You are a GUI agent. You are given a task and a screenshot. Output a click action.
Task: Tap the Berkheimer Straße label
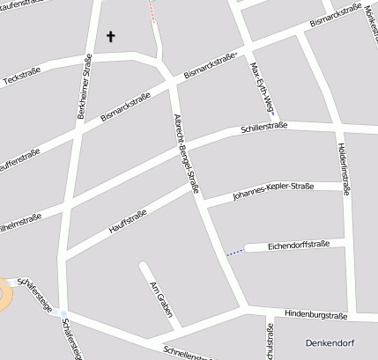pos(85,86)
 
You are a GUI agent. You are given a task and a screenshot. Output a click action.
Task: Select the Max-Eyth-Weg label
pos(261,89)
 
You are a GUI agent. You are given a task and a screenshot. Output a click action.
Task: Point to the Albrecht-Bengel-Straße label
pos(187,152)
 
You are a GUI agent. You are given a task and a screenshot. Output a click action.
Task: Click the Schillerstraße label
pos(263,129)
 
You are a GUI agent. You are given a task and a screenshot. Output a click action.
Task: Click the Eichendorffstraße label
pos(298,244)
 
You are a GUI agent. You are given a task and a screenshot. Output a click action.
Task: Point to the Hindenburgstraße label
pos(316,314)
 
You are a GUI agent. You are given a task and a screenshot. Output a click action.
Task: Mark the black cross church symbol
pos(111,36)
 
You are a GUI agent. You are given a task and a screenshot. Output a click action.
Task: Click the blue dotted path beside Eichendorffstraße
pos(234,253)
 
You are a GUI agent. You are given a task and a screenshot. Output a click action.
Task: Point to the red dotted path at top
pos(152,11)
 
